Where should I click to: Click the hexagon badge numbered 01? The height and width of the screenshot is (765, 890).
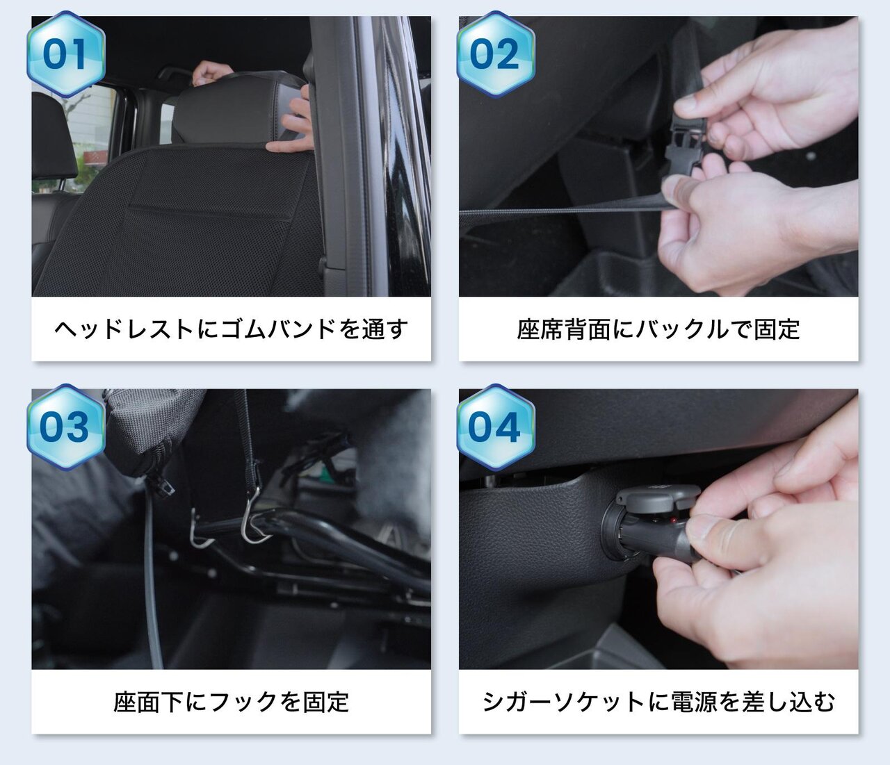point(66,54)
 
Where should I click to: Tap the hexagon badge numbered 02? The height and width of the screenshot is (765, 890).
point(496,54)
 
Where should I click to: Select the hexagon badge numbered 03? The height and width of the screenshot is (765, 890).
point(66,427)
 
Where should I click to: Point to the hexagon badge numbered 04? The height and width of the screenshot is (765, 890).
point(496,427)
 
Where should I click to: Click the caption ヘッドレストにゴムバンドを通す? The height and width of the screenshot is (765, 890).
point(232,329)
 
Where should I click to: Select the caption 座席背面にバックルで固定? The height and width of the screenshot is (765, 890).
point(658,329)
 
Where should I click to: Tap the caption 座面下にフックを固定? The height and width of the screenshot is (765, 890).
point(232,702)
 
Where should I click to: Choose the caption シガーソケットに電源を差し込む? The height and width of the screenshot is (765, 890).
point(658,702)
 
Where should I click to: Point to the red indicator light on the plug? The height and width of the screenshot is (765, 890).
point(672,520)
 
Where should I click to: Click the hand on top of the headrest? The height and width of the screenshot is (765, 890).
point(212,72)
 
